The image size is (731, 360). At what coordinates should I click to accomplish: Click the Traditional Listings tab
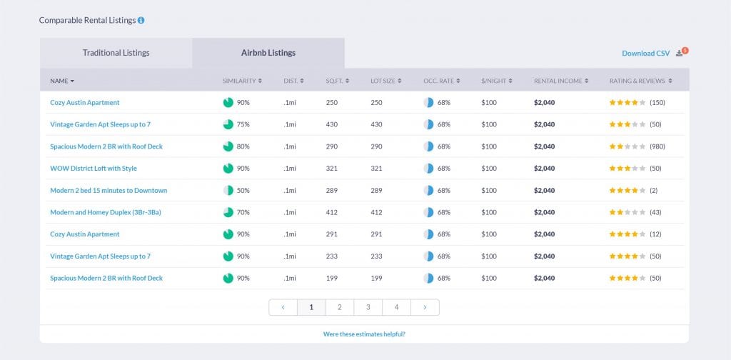click(116, 53)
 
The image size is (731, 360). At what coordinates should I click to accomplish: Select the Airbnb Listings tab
click(268, 53)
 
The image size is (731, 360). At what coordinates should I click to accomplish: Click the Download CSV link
click(645, 54)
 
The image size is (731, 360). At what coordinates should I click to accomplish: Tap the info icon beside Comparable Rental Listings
click(141, 20)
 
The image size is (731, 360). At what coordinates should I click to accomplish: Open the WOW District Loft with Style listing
click(94, 169)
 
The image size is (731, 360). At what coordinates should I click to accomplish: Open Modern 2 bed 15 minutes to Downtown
click(109, 191)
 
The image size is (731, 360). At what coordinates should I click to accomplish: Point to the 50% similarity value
click(243, 191)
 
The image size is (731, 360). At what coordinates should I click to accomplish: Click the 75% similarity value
click(243, 124)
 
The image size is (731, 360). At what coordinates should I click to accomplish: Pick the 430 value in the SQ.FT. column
click(332, 124)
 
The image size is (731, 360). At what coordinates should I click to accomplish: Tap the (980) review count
click(657, 146)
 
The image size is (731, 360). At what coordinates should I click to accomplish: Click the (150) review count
click(657, 103)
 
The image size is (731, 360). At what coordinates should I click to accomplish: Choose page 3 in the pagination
click(368, 307)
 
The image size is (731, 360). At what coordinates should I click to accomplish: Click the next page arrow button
click(425, 307)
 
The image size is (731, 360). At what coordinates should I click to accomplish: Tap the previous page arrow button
click(283, 307)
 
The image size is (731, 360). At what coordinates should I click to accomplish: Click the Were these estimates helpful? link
click(364, 334)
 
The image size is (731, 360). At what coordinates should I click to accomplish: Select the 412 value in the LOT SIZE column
click(376, 212)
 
